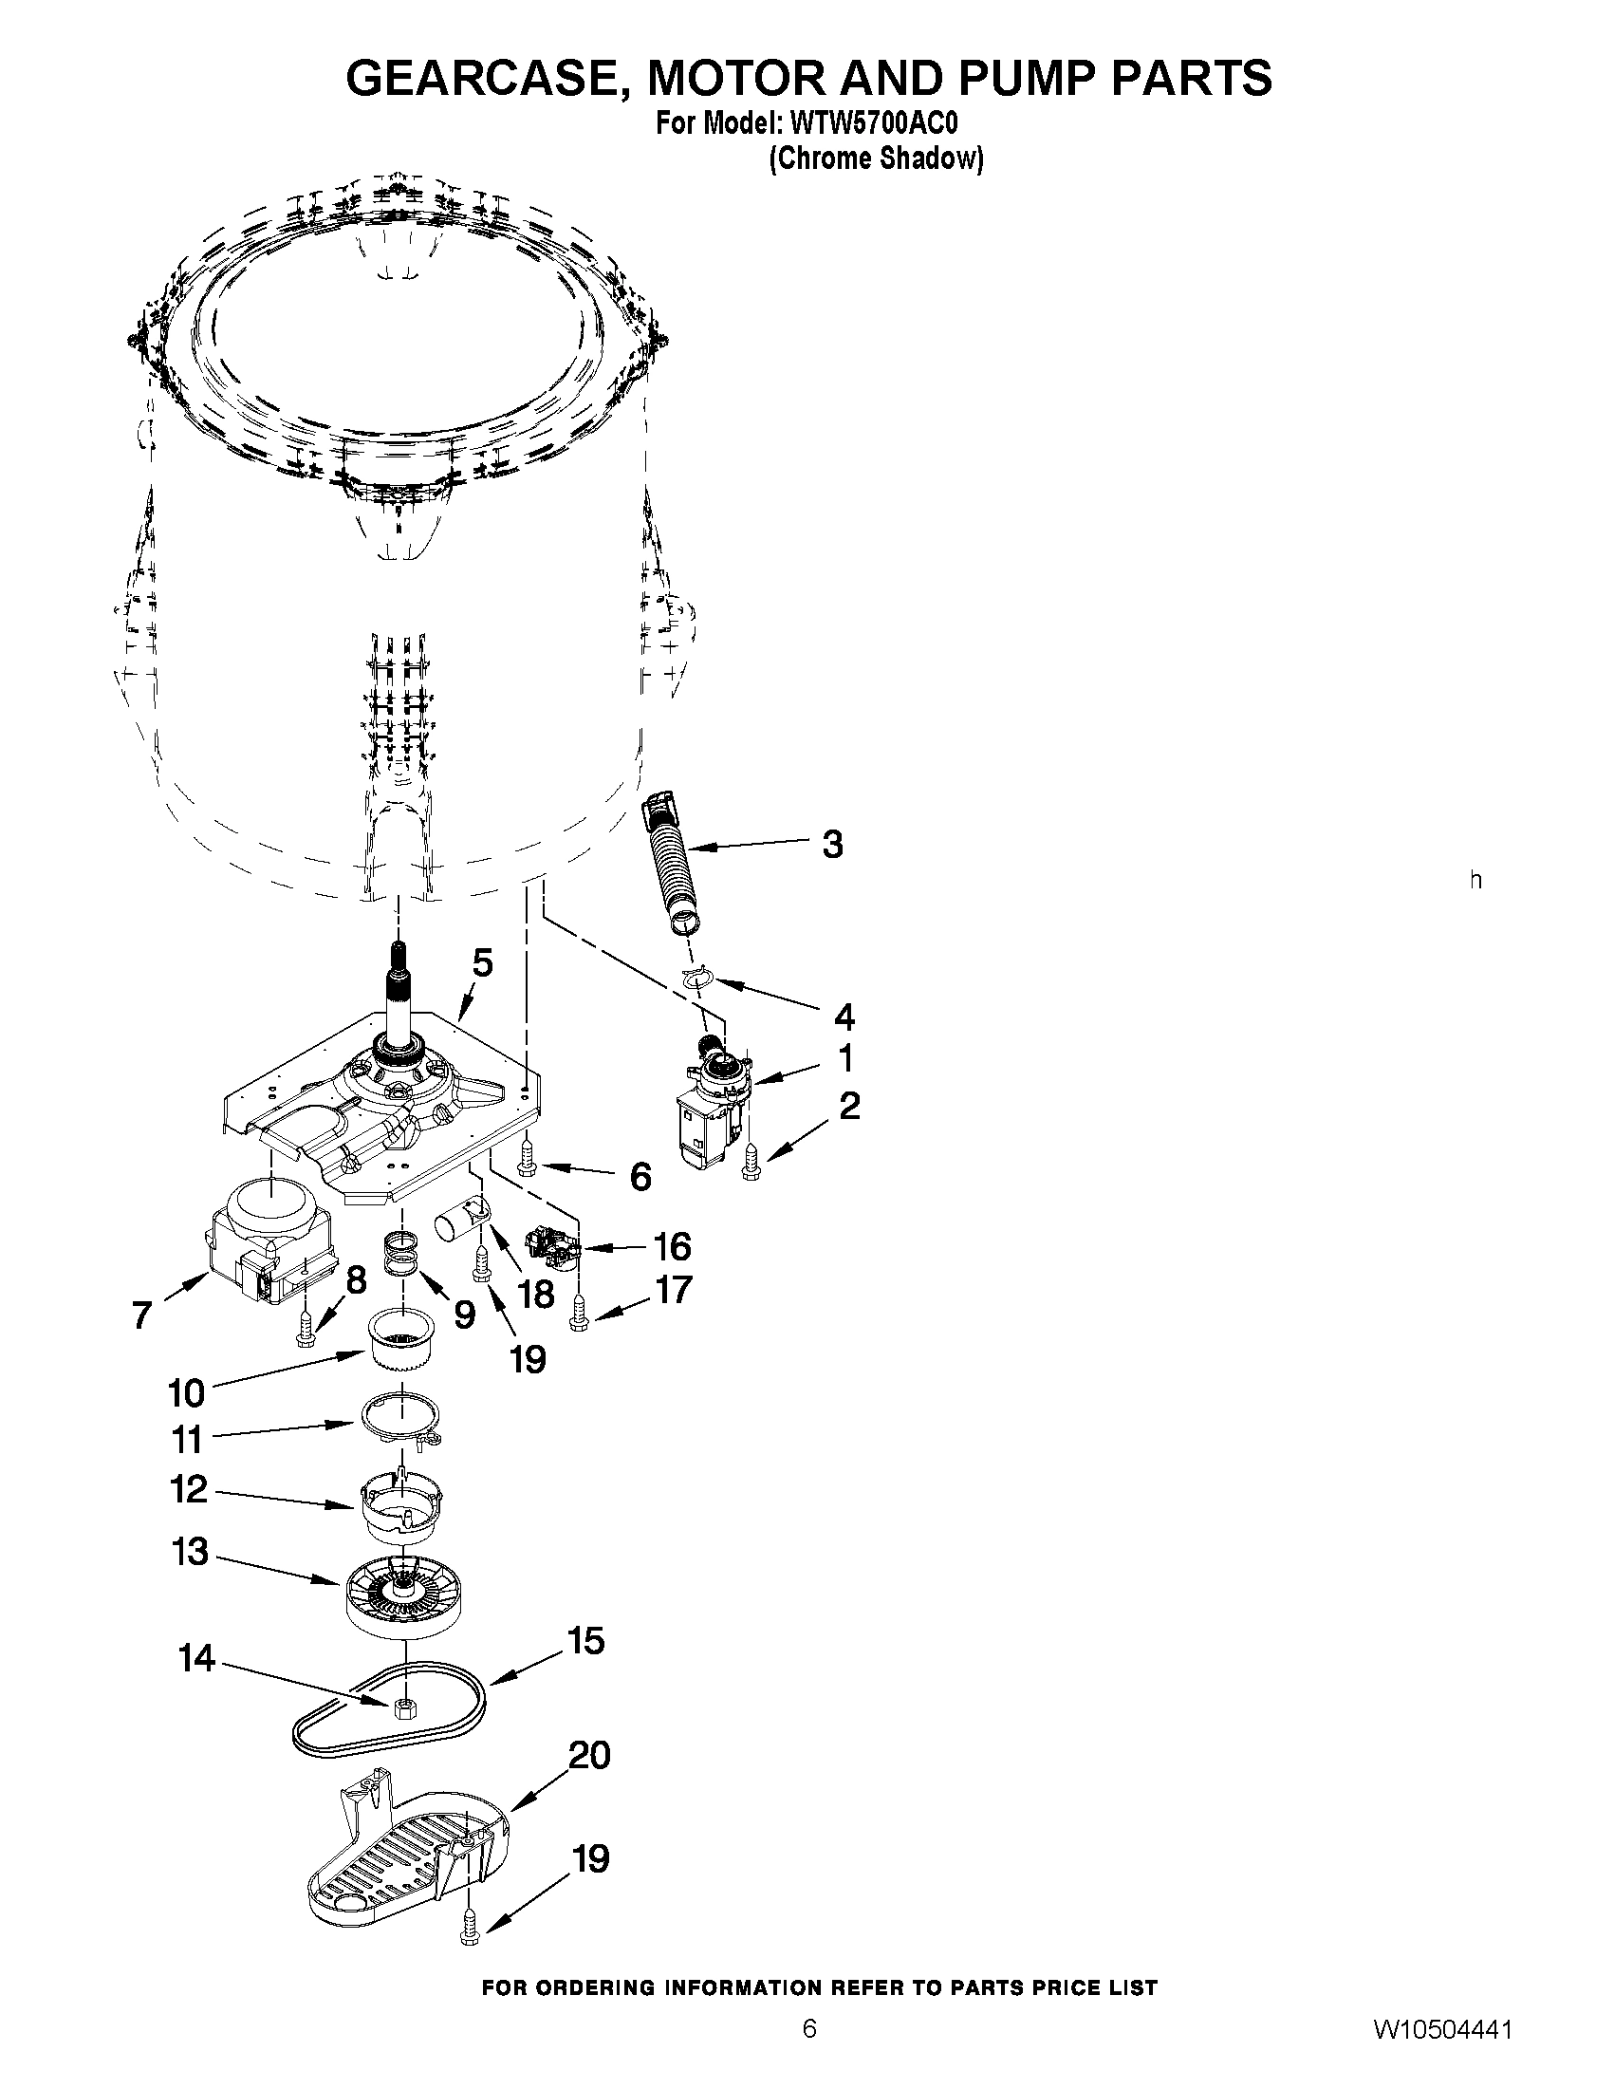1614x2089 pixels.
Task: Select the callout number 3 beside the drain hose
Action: (832, 845)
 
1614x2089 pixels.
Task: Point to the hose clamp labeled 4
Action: (700, 977)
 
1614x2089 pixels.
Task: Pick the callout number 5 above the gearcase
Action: (483, 962)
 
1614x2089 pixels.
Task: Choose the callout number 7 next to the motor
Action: (141, 1316)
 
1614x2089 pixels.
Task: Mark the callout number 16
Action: (671, 1246)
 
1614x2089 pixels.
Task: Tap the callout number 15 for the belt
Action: (585, 1641)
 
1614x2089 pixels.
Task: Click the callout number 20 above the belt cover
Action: (588, 1755)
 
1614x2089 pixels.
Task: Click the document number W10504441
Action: (1443, 2051)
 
